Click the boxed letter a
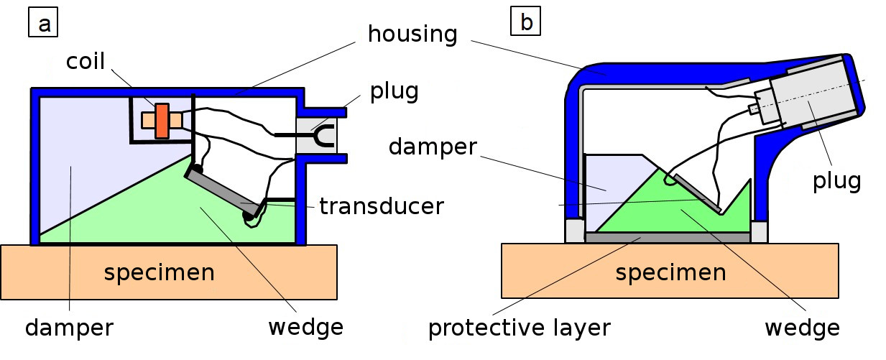coord(43,22)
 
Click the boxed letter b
coord(525,21)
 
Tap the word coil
coord(86,61)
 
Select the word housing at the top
coord(412,34)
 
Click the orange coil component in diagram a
coord(162,121)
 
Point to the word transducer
coord(382,206)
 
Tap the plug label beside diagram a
coord(394,92)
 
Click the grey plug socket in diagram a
coord(316,135)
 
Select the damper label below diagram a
coord(69,328)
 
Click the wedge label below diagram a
coord(305,328)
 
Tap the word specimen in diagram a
coord(160,273)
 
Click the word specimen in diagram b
coord(671,273)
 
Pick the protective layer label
coord(520,328)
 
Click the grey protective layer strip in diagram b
coord(668,237)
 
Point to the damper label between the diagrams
coord(433,147)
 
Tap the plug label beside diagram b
coord(837,181)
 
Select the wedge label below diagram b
coord(802,328)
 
